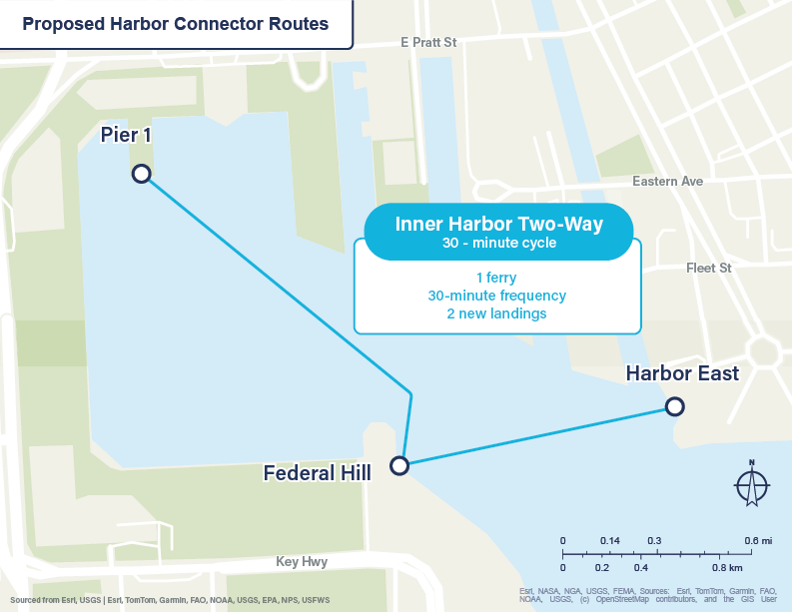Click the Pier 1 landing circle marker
(x=142, y=175)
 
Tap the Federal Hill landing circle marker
(x=399, y=465)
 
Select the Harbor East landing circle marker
(x=675, y=406)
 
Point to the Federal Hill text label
(x=317, y=472)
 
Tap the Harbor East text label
(x=682, y=373)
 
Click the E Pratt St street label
(x=427, y=43)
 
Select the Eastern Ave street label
(x=667, y=182)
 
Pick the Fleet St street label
(x=709, y=269)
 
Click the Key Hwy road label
(x=304, y=562)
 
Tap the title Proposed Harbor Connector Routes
(x=176, y=24)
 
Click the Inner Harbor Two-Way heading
(x=499, y=225)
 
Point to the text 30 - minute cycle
(x=499, y=244)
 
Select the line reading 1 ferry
(x=497, y=278)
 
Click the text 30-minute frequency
(x=497, y=296)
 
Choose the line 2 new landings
(x=497, y=313)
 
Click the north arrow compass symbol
(x=751, y=485)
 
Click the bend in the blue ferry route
(x=410, y=391)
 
